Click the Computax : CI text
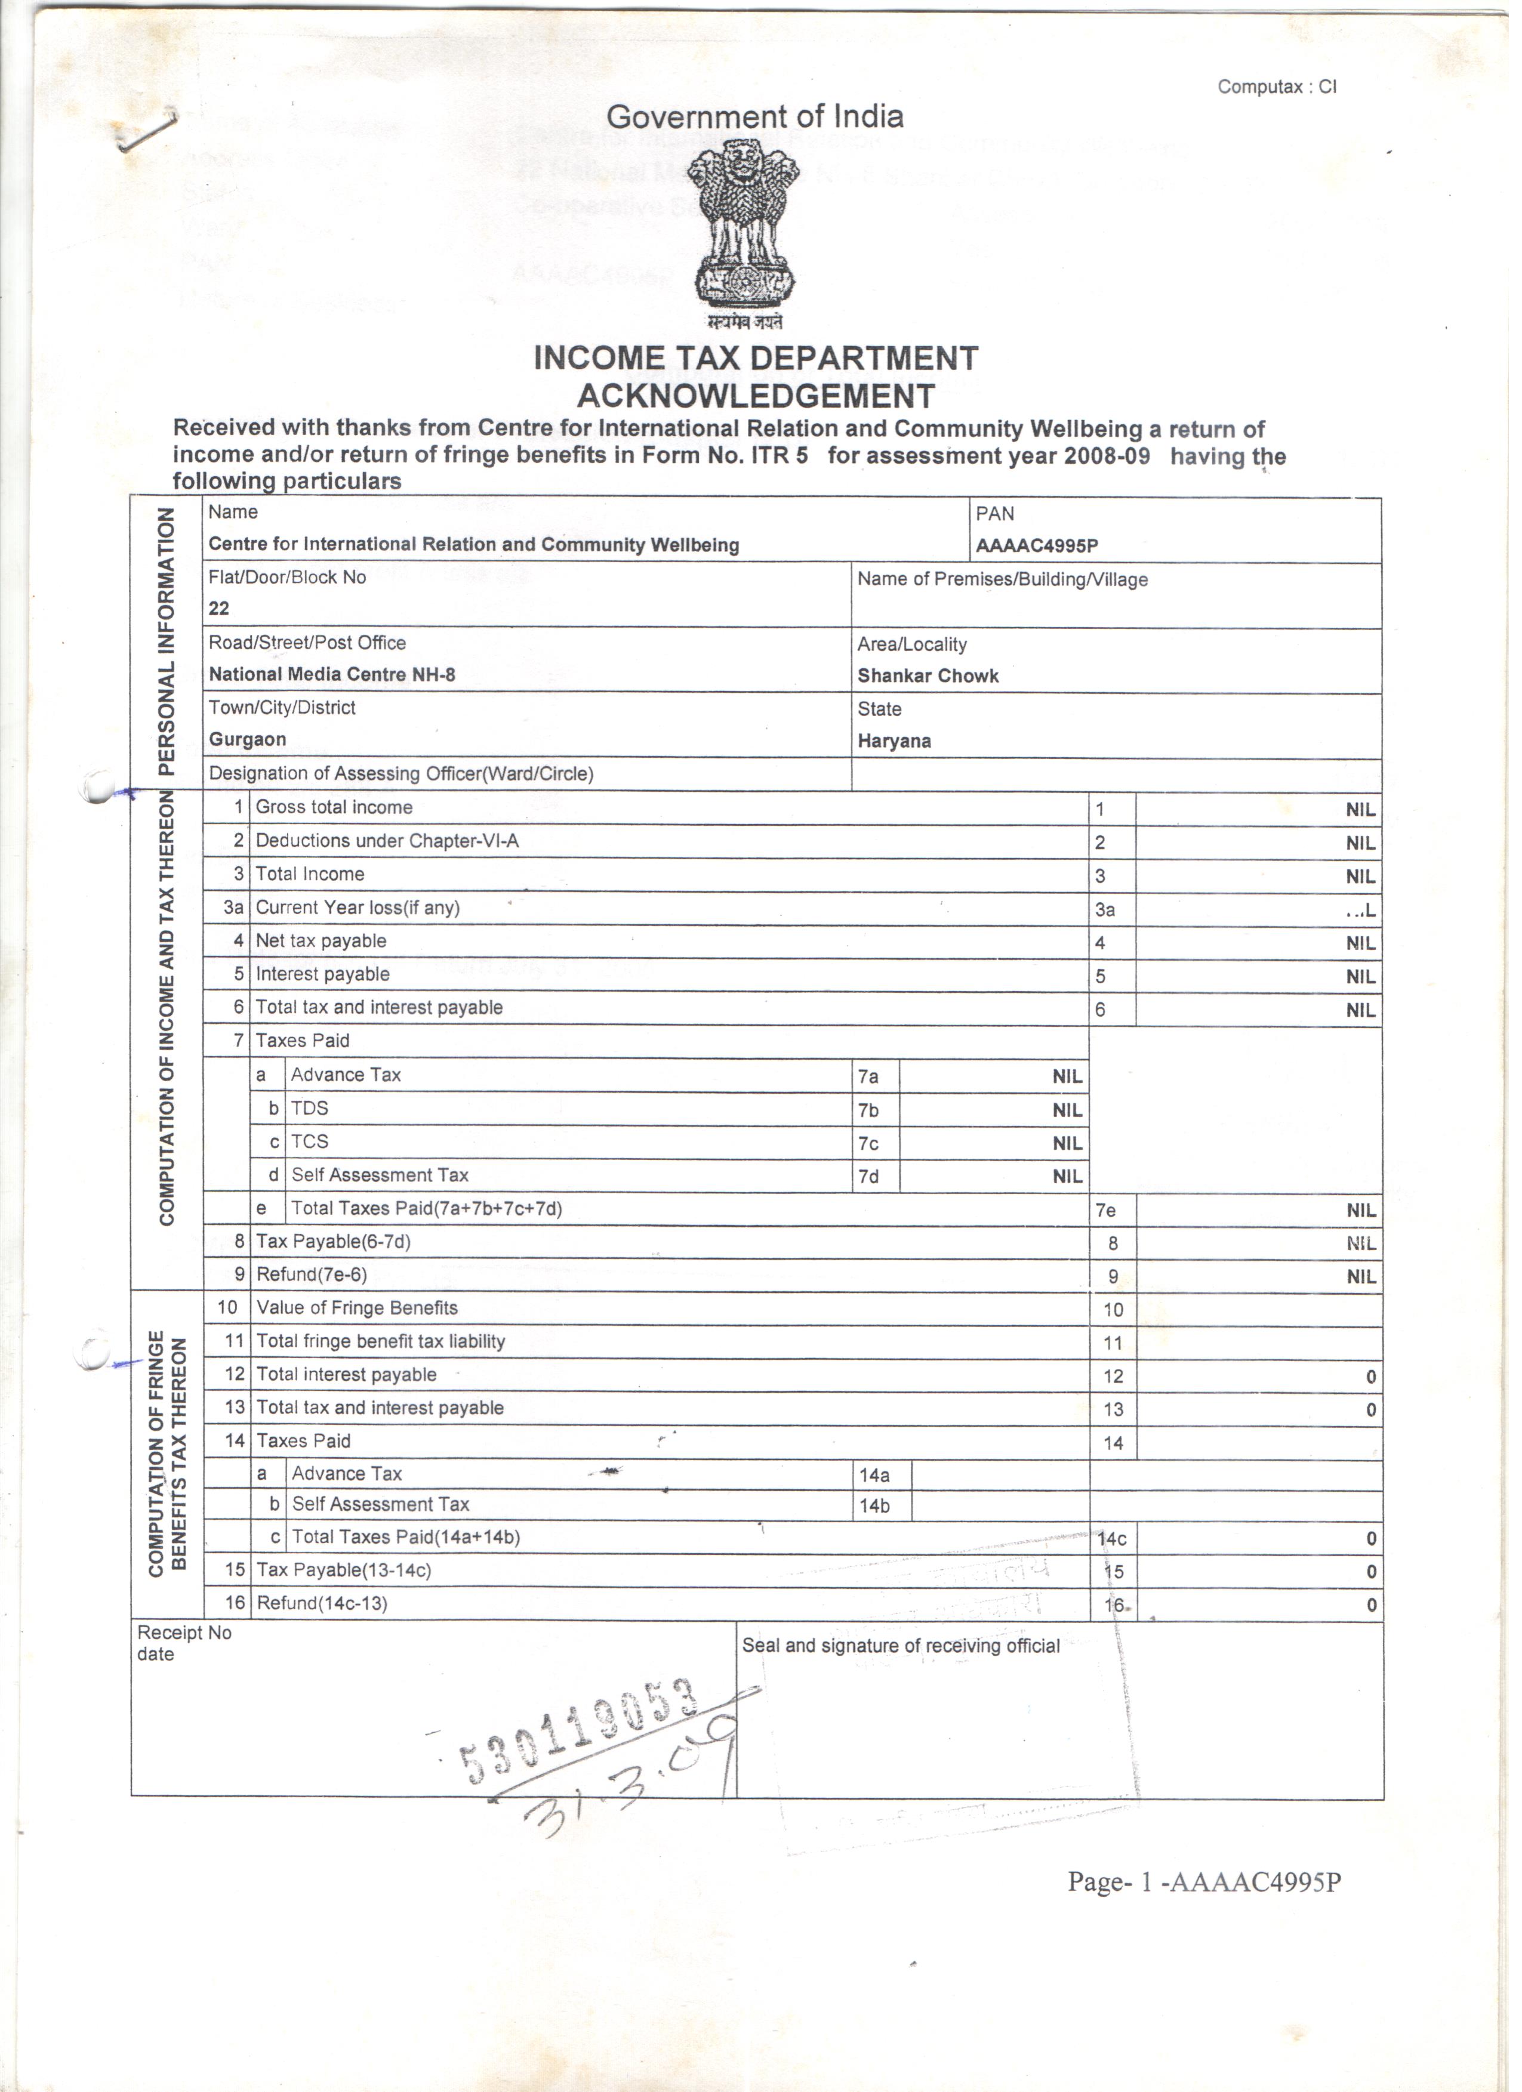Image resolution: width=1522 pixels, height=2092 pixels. (x=1277, y=87)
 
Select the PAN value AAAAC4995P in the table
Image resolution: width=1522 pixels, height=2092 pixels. (x=1037, y=545)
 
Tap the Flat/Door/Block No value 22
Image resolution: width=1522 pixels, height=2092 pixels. (x=218, y=609)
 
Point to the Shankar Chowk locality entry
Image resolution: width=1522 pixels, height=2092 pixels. (x=928, y=676)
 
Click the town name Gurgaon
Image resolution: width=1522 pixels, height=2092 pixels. (x=247, y=740)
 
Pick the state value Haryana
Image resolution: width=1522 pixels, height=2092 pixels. (x=894, y=742)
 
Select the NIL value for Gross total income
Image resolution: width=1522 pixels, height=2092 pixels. (x=1360, y=810)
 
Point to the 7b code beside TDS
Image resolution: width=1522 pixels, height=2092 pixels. (x=868, y=1110)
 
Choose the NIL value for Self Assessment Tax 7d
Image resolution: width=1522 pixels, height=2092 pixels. (x=1067, y=1176)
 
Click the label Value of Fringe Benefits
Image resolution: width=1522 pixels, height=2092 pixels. (x=357, y=1308)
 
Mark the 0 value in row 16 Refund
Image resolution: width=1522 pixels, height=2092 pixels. (x=1371, y=1606)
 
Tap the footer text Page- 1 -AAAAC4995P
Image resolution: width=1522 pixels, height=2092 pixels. (x=1204, y=1883)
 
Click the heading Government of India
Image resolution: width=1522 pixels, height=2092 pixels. (x=754, y=117)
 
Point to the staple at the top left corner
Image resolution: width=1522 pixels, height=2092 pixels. (x=147, y=129)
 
